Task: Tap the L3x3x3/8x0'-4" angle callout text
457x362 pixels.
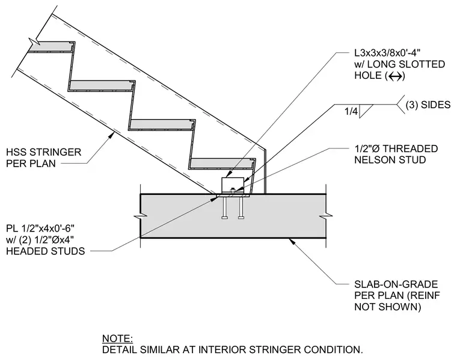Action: pos(387,53)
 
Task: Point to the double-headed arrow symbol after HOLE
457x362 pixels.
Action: pos(395,76)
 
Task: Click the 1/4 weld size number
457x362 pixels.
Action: pos(351,111)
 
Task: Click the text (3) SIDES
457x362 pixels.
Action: pos(428,105)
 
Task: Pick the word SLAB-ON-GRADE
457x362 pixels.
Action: pos(396,284)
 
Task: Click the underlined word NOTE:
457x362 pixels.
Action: pos(117,339)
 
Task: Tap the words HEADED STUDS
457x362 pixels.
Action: pos(46,251)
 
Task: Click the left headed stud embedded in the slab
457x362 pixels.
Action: pos(224,208)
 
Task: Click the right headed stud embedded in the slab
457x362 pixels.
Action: pos(241,208)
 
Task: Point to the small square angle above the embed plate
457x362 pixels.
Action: pos(233,185)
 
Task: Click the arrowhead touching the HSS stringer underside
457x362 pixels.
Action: pos(111,135)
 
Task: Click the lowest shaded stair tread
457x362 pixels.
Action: pos(222,164)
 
